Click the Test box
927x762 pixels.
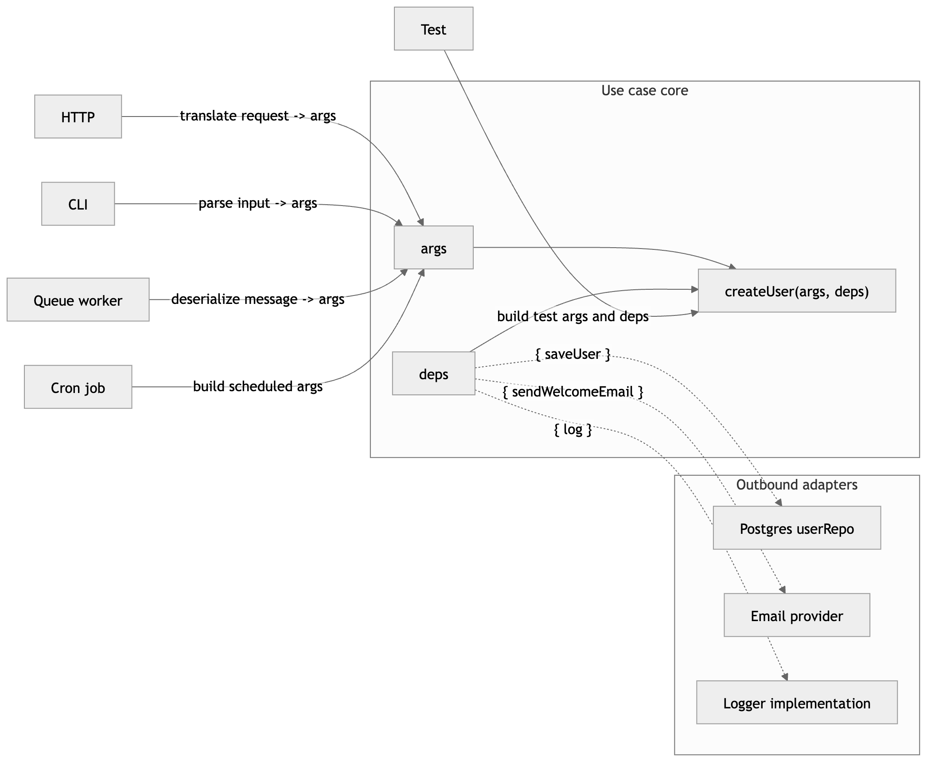[433, 29]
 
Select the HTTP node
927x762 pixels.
[78, 117]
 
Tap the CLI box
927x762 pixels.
[78, 204]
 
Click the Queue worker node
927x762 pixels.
[78, 300]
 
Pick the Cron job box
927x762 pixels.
[78, 388]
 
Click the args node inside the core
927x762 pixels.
[433, 248]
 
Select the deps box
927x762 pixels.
[433, 374]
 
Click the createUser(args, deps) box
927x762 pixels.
[796, 291]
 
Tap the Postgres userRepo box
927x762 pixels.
[796, 529]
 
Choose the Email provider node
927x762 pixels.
[796, 616]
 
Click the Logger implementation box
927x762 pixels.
[796, 703]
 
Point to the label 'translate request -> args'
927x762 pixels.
[257, 116]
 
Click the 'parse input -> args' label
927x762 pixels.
[257, 203]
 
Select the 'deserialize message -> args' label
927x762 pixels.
[257, 299]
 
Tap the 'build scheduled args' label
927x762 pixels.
[257, 386]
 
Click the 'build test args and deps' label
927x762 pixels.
[573, 316]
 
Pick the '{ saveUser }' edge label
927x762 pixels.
[573, 354]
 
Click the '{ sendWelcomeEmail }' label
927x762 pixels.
[573, 392]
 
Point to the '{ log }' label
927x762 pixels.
[573, 429]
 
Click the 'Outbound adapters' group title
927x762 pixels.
[796, 485]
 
